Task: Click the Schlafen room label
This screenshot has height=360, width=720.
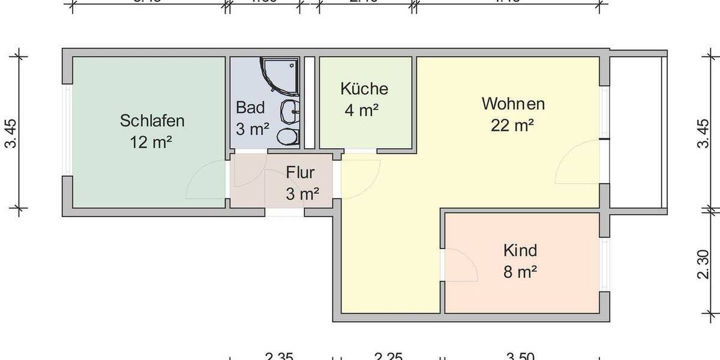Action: click(152, 121)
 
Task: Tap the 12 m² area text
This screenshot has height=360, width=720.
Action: click(152, 143)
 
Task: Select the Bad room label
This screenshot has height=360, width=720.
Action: click(250, 108)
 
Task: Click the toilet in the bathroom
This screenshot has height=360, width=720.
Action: click(287, 136)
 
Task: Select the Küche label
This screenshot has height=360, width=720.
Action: click(364, 89)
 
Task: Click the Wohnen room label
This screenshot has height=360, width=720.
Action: click(513, 104)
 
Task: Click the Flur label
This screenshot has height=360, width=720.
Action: click(301, 173)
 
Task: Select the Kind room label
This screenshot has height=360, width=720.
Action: click(520, 250)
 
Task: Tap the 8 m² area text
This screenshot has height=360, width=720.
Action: click(520, 272)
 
